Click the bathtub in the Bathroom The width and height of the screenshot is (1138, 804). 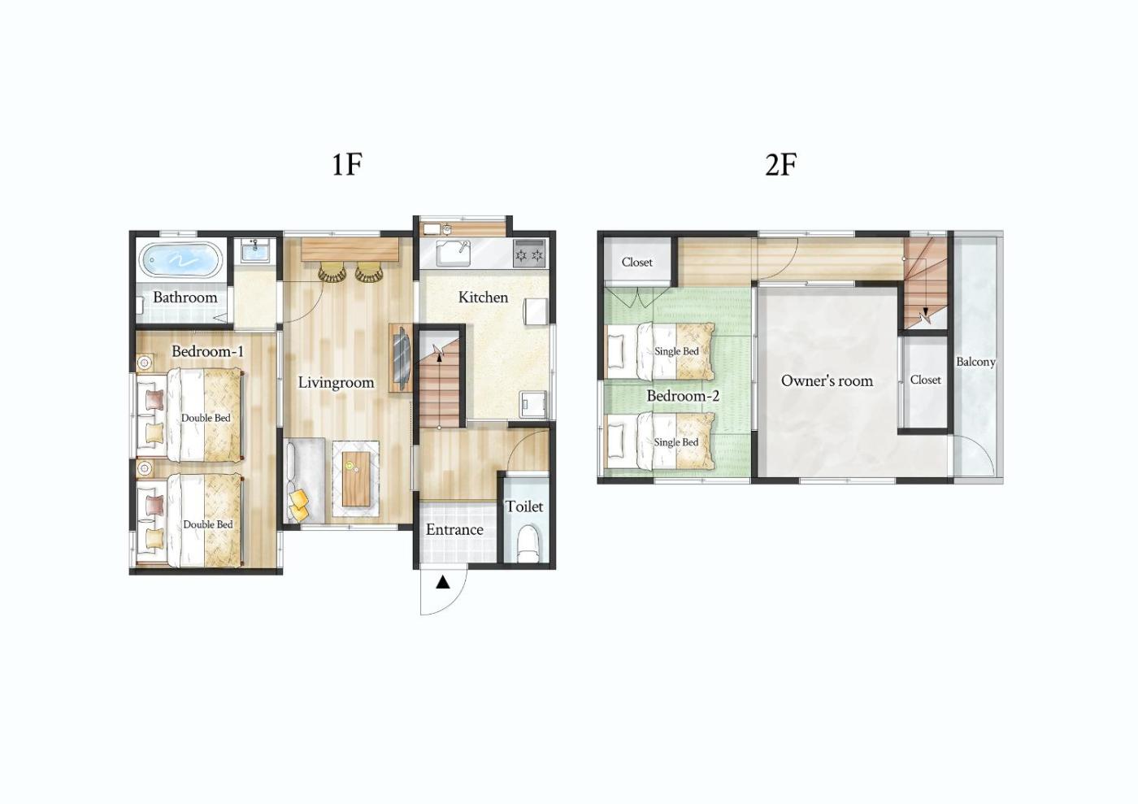click(180, 260)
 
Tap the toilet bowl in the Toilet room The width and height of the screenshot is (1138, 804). click(528, 545)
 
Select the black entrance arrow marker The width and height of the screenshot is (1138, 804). click(443, 582)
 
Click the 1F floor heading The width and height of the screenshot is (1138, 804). click(347, 164)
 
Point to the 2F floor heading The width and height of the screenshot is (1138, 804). click(781, 164)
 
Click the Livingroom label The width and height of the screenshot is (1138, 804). click(336, 382)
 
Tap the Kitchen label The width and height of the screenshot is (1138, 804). click(483, 297)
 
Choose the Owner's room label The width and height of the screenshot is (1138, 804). click(827, 380)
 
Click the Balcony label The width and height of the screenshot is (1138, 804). click(975, 362)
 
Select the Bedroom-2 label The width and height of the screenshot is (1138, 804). click(683, 395)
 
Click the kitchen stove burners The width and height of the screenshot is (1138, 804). click(529, 253)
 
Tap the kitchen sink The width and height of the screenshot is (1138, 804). click(454, 254)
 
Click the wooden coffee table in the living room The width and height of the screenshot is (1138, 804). click(356, 478)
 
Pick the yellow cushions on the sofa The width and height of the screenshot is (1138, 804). click(299, 504)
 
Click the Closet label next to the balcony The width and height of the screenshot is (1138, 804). click(925, 380)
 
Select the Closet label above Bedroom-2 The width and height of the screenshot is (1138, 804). click(636, 263)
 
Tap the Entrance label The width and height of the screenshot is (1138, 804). click(454, 529)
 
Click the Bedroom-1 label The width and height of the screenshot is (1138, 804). click(207, 351)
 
